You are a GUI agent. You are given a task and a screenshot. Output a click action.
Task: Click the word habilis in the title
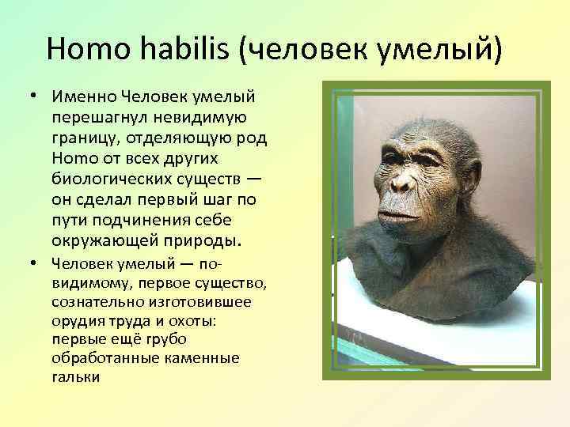184,49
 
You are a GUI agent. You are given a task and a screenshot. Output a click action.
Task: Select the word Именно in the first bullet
85,96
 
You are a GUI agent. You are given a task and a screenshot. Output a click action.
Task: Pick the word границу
82,138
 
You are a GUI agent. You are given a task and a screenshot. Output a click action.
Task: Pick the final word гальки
76,376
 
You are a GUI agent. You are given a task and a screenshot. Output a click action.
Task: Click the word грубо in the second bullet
167,340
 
